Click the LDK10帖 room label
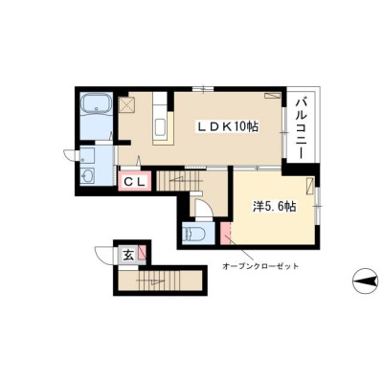click(228, 127)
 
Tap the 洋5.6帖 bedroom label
click(275, 207)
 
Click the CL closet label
click(134, 182)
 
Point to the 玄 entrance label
click(128, 255)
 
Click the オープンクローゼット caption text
click(260, 265)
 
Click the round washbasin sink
click(87, 174)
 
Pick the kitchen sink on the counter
click(160, 127)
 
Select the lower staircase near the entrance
click(160, 281)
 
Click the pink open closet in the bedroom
click(225, 234)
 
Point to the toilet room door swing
click(204, 209)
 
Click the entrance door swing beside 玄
click(104, 255)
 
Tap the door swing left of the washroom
click(71, 155)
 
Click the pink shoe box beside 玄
click(143, 253)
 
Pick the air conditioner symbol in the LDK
click(272, 96)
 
